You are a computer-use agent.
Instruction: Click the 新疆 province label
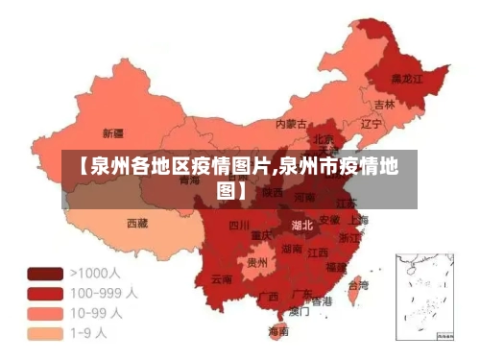click(x=113, y=132)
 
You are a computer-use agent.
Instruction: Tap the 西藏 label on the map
click(x=137, y=223)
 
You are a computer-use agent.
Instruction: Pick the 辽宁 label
click(x=371, y=124)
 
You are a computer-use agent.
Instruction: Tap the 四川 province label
click(x=239, y=227)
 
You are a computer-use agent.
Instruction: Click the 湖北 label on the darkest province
click(x=302, y=226)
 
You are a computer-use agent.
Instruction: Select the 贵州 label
click(x=257, y=261)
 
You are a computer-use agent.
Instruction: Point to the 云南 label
click(x=222, y=279)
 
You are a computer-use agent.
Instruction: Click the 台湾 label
click(x=357, y=285)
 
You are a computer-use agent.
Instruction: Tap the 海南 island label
click(x=278, y=331)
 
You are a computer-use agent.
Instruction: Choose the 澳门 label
click(x=299, y=311)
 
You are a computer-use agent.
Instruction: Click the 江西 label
click(x=319, y=252)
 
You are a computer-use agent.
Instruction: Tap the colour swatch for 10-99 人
click(x=46, y=314)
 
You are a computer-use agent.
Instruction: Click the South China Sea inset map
click(x=424, y=297)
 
